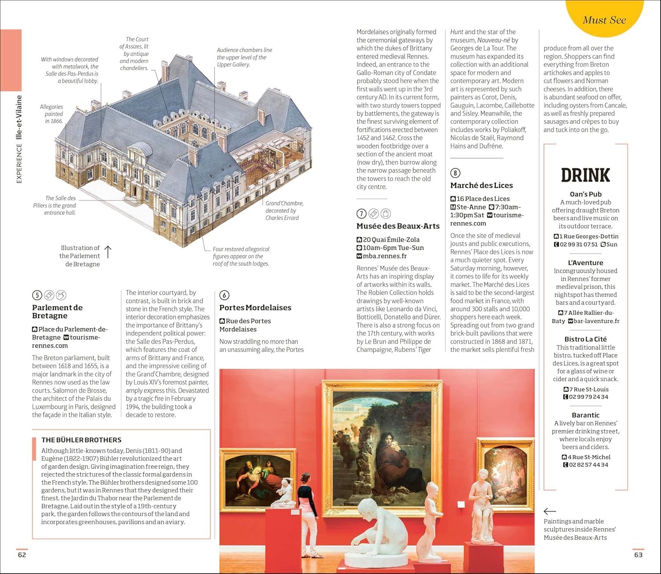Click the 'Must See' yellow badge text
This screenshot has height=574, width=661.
pyautogui.click(x=604, y=20)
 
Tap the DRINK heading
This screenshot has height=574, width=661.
pyautogui.click(x=585, y=175)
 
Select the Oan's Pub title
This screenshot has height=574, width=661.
pyautogui.click(x=585, y=194)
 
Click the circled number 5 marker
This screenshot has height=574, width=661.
pyautogui.click(x=37, y=295)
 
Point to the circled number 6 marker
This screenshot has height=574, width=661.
pyautogui.click(x=224, y=295)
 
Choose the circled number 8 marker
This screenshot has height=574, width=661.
pyautogui.click(x=455, y=173)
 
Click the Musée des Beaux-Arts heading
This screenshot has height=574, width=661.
pyautogui.click(x=398, y=226)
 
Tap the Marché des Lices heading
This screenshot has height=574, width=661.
pyautogui.click(x=481, y=185)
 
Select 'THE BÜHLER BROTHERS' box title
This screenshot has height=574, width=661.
pyautogui.click(x=81, y=440)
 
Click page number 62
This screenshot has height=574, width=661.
pyautogui.click(x=22, y=555)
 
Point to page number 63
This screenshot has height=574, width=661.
pyautogui.click(x=638, y=555)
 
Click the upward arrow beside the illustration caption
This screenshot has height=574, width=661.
pyautogui.click(x=108, y=252)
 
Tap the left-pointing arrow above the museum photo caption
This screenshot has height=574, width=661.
pyautogui.click(x=550, y=511)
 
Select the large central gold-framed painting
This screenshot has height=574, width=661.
pyautogui.click(x=382, y=447)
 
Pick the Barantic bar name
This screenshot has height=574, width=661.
pyautogui.click(x=585, y=415)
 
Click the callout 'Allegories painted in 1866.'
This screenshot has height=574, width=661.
pyautogui.click(x=52, y=114)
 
